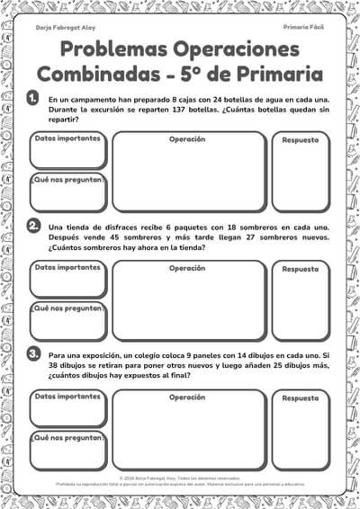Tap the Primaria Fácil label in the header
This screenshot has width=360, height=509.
tap(303, 28)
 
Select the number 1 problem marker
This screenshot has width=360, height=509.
tap(32, 97)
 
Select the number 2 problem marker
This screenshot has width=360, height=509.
tap(32, 225)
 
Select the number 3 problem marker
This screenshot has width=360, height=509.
tap(32, 353)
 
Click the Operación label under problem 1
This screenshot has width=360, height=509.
tap(187, 139)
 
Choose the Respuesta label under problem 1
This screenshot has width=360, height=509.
tap(300, 140)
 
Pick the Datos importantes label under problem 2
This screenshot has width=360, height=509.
tap(67, 268)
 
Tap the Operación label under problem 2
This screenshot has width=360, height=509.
tap(187, 268)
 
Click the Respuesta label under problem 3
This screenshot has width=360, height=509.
tap(300, 397)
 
